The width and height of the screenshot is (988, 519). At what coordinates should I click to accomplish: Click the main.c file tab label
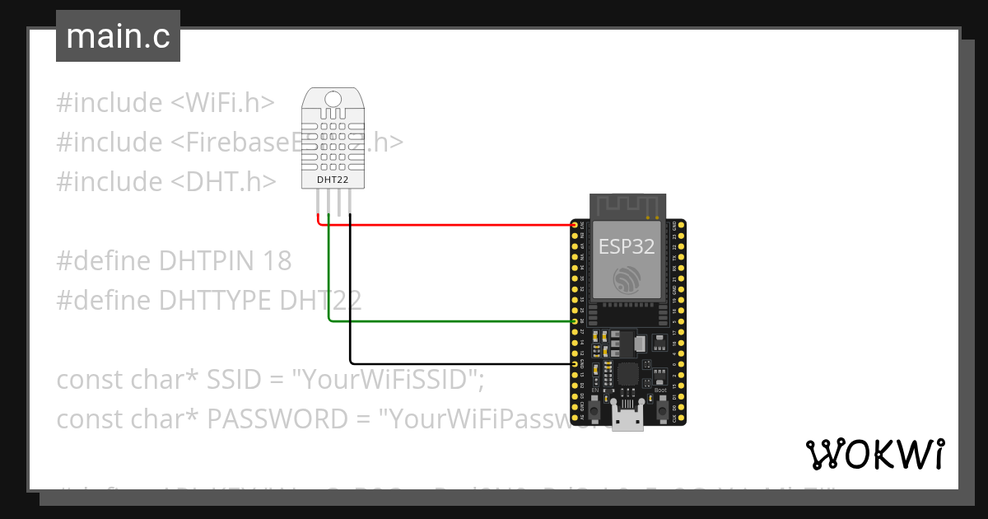point(118,37)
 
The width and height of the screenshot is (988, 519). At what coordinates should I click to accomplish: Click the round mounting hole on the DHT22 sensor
point(333,100)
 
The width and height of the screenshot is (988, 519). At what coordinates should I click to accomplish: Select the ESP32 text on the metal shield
point(627,246)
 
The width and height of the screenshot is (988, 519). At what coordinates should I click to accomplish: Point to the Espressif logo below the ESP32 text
point(627,280)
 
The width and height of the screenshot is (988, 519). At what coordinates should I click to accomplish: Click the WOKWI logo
point(874,454)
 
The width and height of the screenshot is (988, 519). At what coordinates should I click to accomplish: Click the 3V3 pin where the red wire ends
point(575,224)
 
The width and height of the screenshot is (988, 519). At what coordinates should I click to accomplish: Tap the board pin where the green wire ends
point(575,321)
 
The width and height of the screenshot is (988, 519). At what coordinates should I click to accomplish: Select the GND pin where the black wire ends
point(575,363)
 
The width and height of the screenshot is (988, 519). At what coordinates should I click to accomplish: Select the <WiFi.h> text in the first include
point(222,103)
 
